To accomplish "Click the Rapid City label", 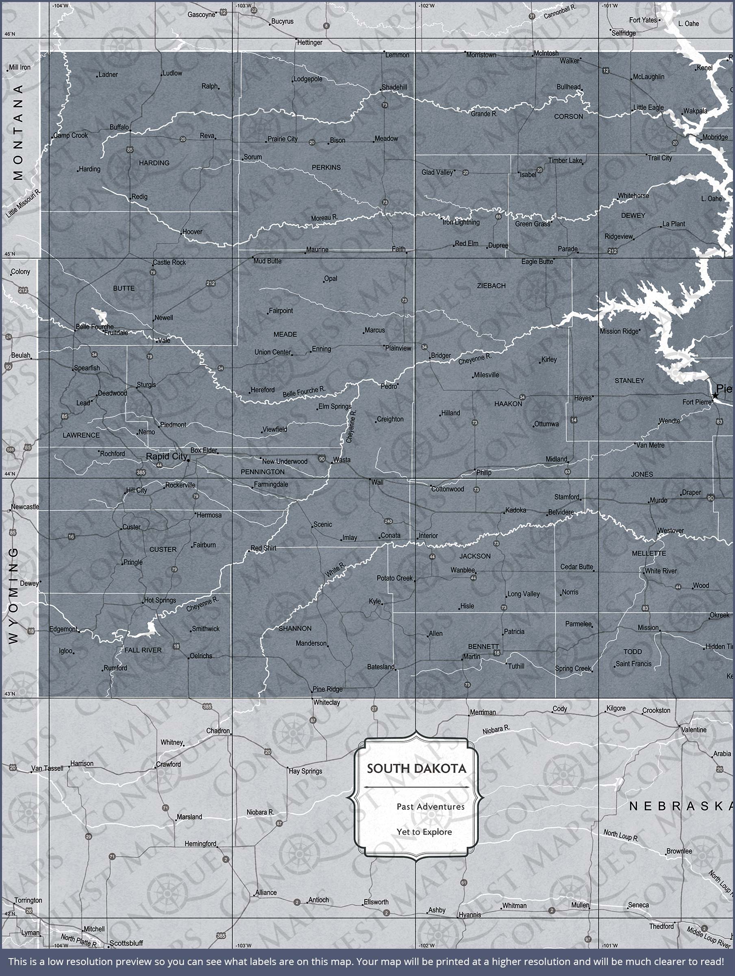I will tap(166, 456).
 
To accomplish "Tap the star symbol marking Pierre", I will tap(715, 396).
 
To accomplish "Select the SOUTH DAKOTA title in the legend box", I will tap(416, 769).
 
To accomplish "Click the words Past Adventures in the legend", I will tap(430, 806).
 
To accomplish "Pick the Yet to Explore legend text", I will tap(424, 832).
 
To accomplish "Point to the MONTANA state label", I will tap(18, 132).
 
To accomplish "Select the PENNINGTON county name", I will tap(263, 472).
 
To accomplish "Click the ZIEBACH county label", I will tap(491, 286).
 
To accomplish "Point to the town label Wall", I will tap(377, 482).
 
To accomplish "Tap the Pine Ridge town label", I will tap(327, 689).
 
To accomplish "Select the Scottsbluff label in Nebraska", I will tap(126, 943).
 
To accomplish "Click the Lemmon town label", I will tap(397, 55).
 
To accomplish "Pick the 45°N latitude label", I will tap(9, 254).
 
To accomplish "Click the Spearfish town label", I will tap(87, 368).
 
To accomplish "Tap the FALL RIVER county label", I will tap(143, 650).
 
